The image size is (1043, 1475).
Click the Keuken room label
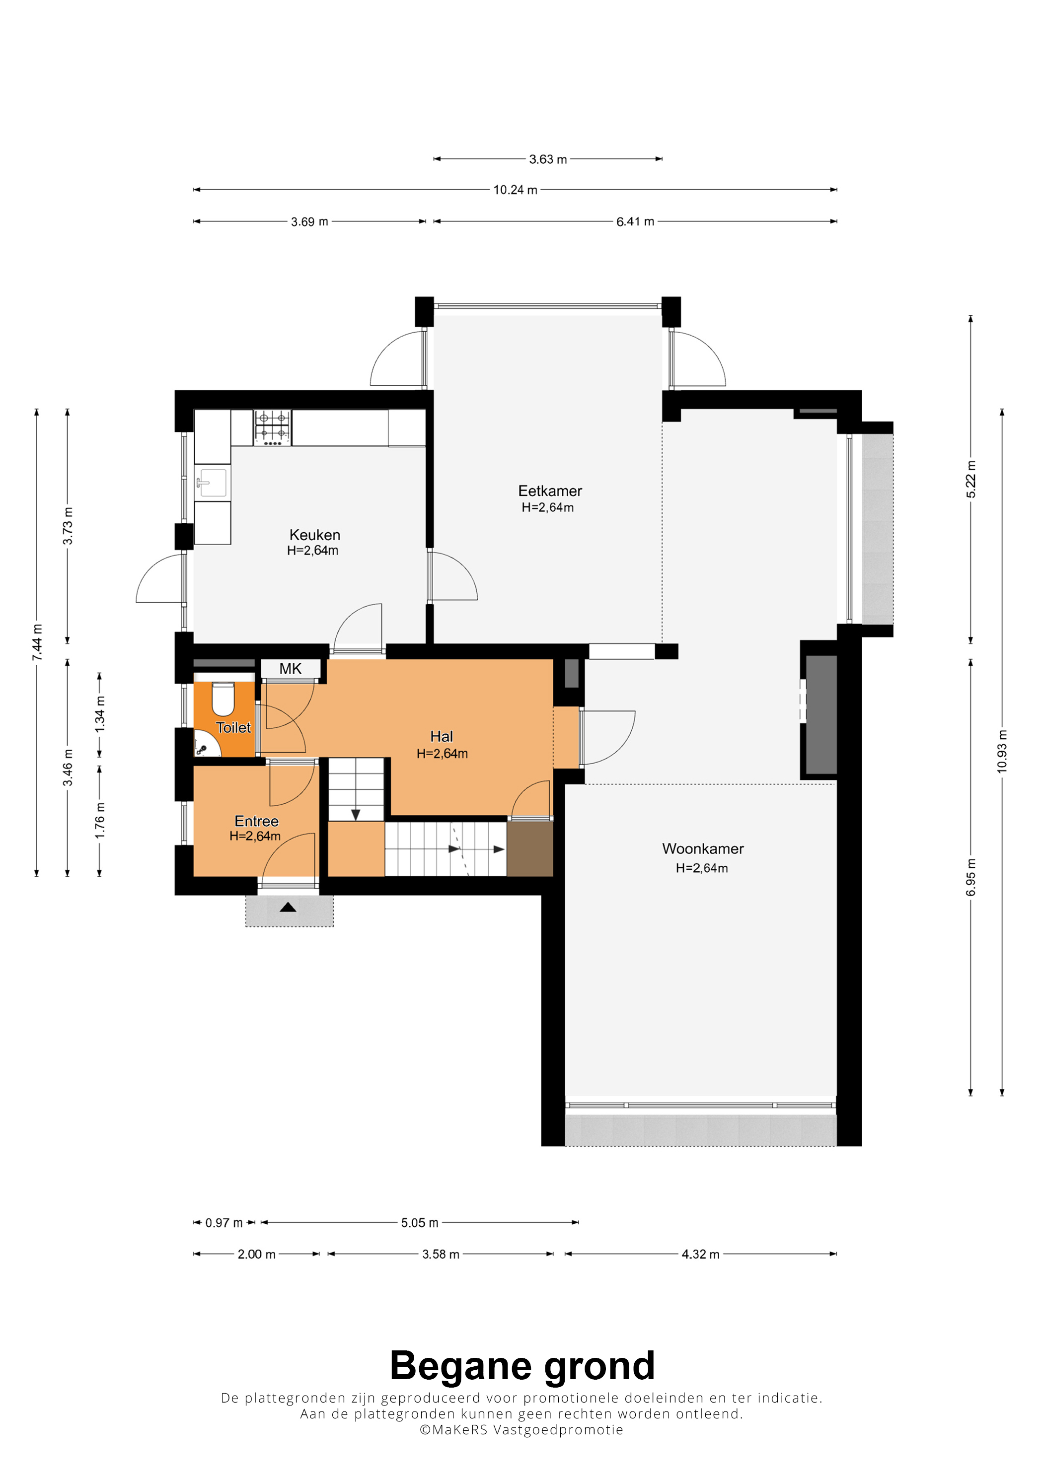pyautogui.click(x=315, y=535)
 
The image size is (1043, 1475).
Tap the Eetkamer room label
pyautogui.click(x=550, y=491)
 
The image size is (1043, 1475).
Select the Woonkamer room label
pyautogui.click(x=703, y=848)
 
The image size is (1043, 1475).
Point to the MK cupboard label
pyautogui.click(x=291, y=669)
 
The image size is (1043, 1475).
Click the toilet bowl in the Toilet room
pyautogui.click(x=223, y=699)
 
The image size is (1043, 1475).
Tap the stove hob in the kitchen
pyautogui.click(x=273, y=428)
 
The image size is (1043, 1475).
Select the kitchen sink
pyautogui.click(x=212, y=483)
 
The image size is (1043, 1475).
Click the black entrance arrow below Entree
pyautogui.click(x=288, y=907)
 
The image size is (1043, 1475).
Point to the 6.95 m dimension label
pyautogui.click(x=971, y=877)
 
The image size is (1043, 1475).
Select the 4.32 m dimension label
pyautogui.click(x=700, y=1254)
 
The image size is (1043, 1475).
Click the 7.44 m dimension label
pyautogui.click(x=37, y=642)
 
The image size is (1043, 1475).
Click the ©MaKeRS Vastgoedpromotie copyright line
pyautogui.click(x=521, y=1430)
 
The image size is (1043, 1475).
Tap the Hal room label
pyautogui.click(x=442, y=736)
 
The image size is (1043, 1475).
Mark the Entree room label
pyautogui.click(x=256, y=821)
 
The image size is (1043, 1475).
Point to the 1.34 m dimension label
pyautogui.click(x=100, y=714)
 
